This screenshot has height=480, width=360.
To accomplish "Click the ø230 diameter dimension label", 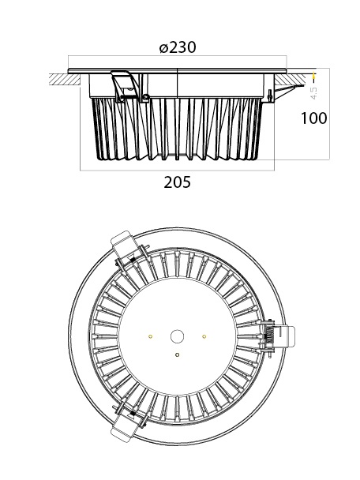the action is point(178,47).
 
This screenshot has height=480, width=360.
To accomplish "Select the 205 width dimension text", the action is point(178,182).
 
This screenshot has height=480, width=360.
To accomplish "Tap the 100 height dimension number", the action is point(314,118).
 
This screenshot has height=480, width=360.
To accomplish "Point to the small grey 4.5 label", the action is point(314,92).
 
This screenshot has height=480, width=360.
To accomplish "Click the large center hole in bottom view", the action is point(178,336).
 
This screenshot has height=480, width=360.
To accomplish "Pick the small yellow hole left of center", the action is point(150,337).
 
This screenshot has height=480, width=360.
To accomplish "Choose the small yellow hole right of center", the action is point(204,337).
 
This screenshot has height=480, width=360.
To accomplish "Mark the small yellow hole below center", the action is point(178,354).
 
